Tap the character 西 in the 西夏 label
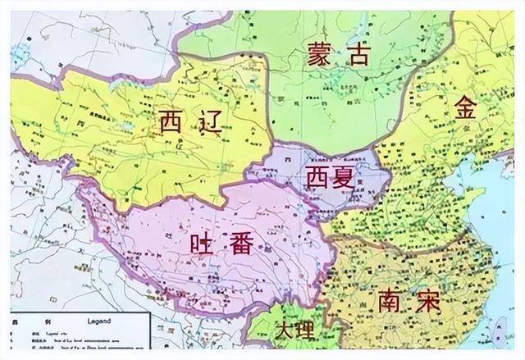point(316,176)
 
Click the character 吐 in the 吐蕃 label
point(202,244)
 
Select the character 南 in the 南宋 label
point(390,301)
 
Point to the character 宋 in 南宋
point(426,301)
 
